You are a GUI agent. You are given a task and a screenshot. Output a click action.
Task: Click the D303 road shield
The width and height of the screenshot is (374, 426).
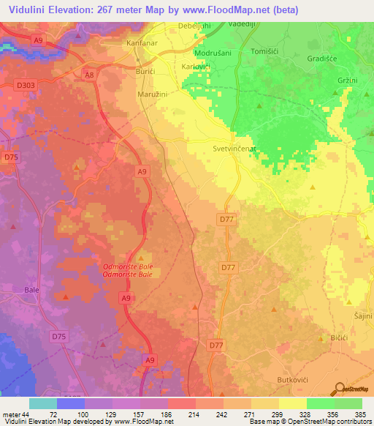tap(25, 86)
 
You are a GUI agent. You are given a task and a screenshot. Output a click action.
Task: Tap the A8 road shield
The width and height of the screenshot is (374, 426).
tap(89, 75)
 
